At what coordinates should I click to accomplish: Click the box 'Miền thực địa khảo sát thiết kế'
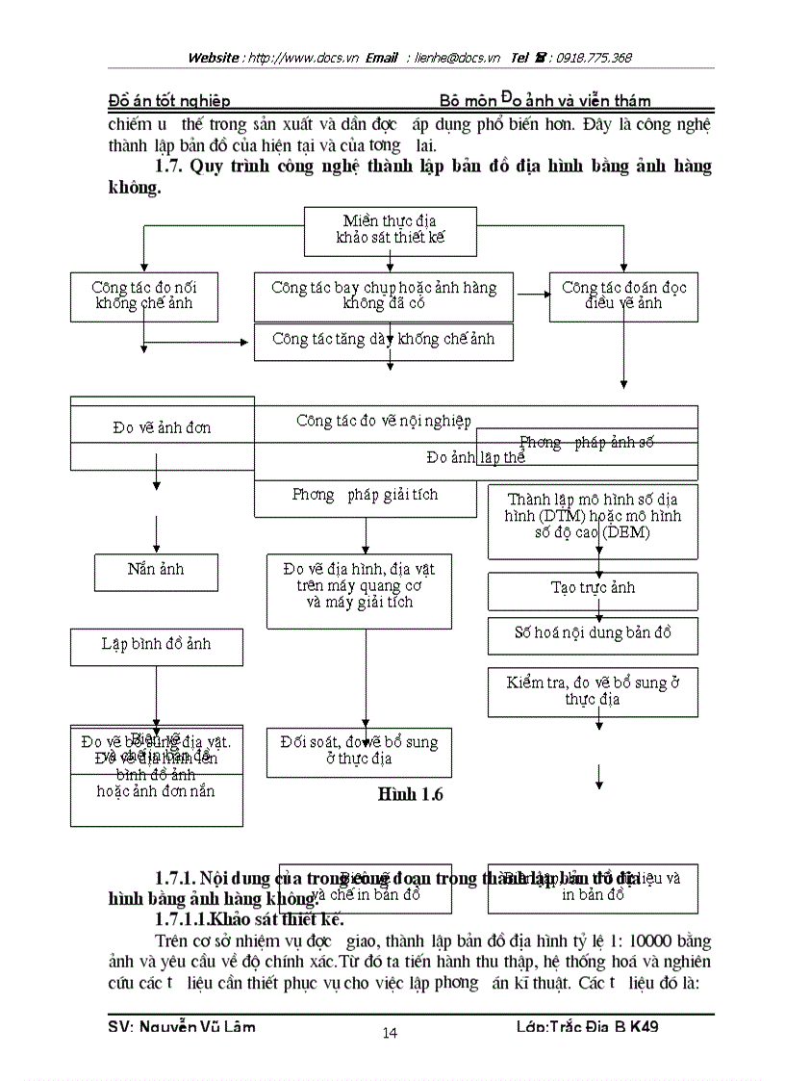pyautogui.click(x=390, y=230)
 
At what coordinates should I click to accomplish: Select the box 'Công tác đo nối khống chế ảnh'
pyautogui.click(x=144, y=296)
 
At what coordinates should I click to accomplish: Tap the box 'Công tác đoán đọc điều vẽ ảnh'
pyautogui.click(x=623, y=296)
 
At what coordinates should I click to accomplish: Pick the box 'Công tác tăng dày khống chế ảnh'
pyautogui.click(x=383, y=341)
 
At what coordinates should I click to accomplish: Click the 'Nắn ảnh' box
pyautogui.click(x=156, y=571)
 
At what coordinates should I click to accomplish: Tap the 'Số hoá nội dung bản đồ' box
pyautogui.click(x=593, y=634)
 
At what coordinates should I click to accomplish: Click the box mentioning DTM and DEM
pyautogui.click(x=593, y=521)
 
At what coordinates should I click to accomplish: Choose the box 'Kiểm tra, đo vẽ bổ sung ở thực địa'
pyautogui.click(x=593, y=691)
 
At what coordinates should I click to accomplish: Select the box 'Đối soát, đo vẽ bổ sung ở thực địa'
pyautogui.click(x=359, y=751)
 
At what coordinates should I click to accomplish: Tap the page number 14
pyautogui.click(x=390, y=1033)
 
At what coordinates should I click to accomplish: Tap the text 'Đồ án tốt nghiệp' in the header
pyautogui.click(x=168, y=100)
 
